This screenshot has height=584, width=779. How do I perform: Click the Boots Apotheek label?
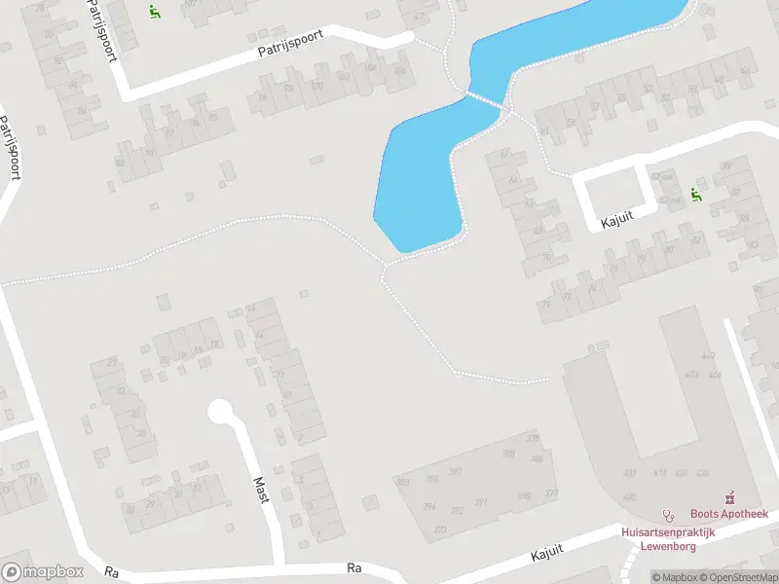pyautogui.click(x=729, y=514)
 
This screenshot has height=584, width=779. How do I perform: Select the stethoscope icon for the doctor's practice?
pyautogui.click(x=668, y=515)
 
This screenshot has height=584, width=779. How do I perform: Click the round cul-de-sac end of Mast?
pyautogui.click(x=220, y=412)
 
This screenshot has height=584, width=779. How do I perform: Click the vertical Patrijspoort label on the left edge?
pyautogui.click(x=12, y=148)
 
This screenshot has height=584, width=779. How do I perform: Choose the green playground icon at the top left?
pyautogui.click(x=154, y=12)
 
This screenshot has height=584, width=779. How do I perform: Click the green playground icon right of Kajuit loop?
pyautogui.click(x=695, y=195)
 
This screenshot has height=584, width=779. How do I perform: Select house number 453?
pyautogui.click(x=691, y=375)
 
